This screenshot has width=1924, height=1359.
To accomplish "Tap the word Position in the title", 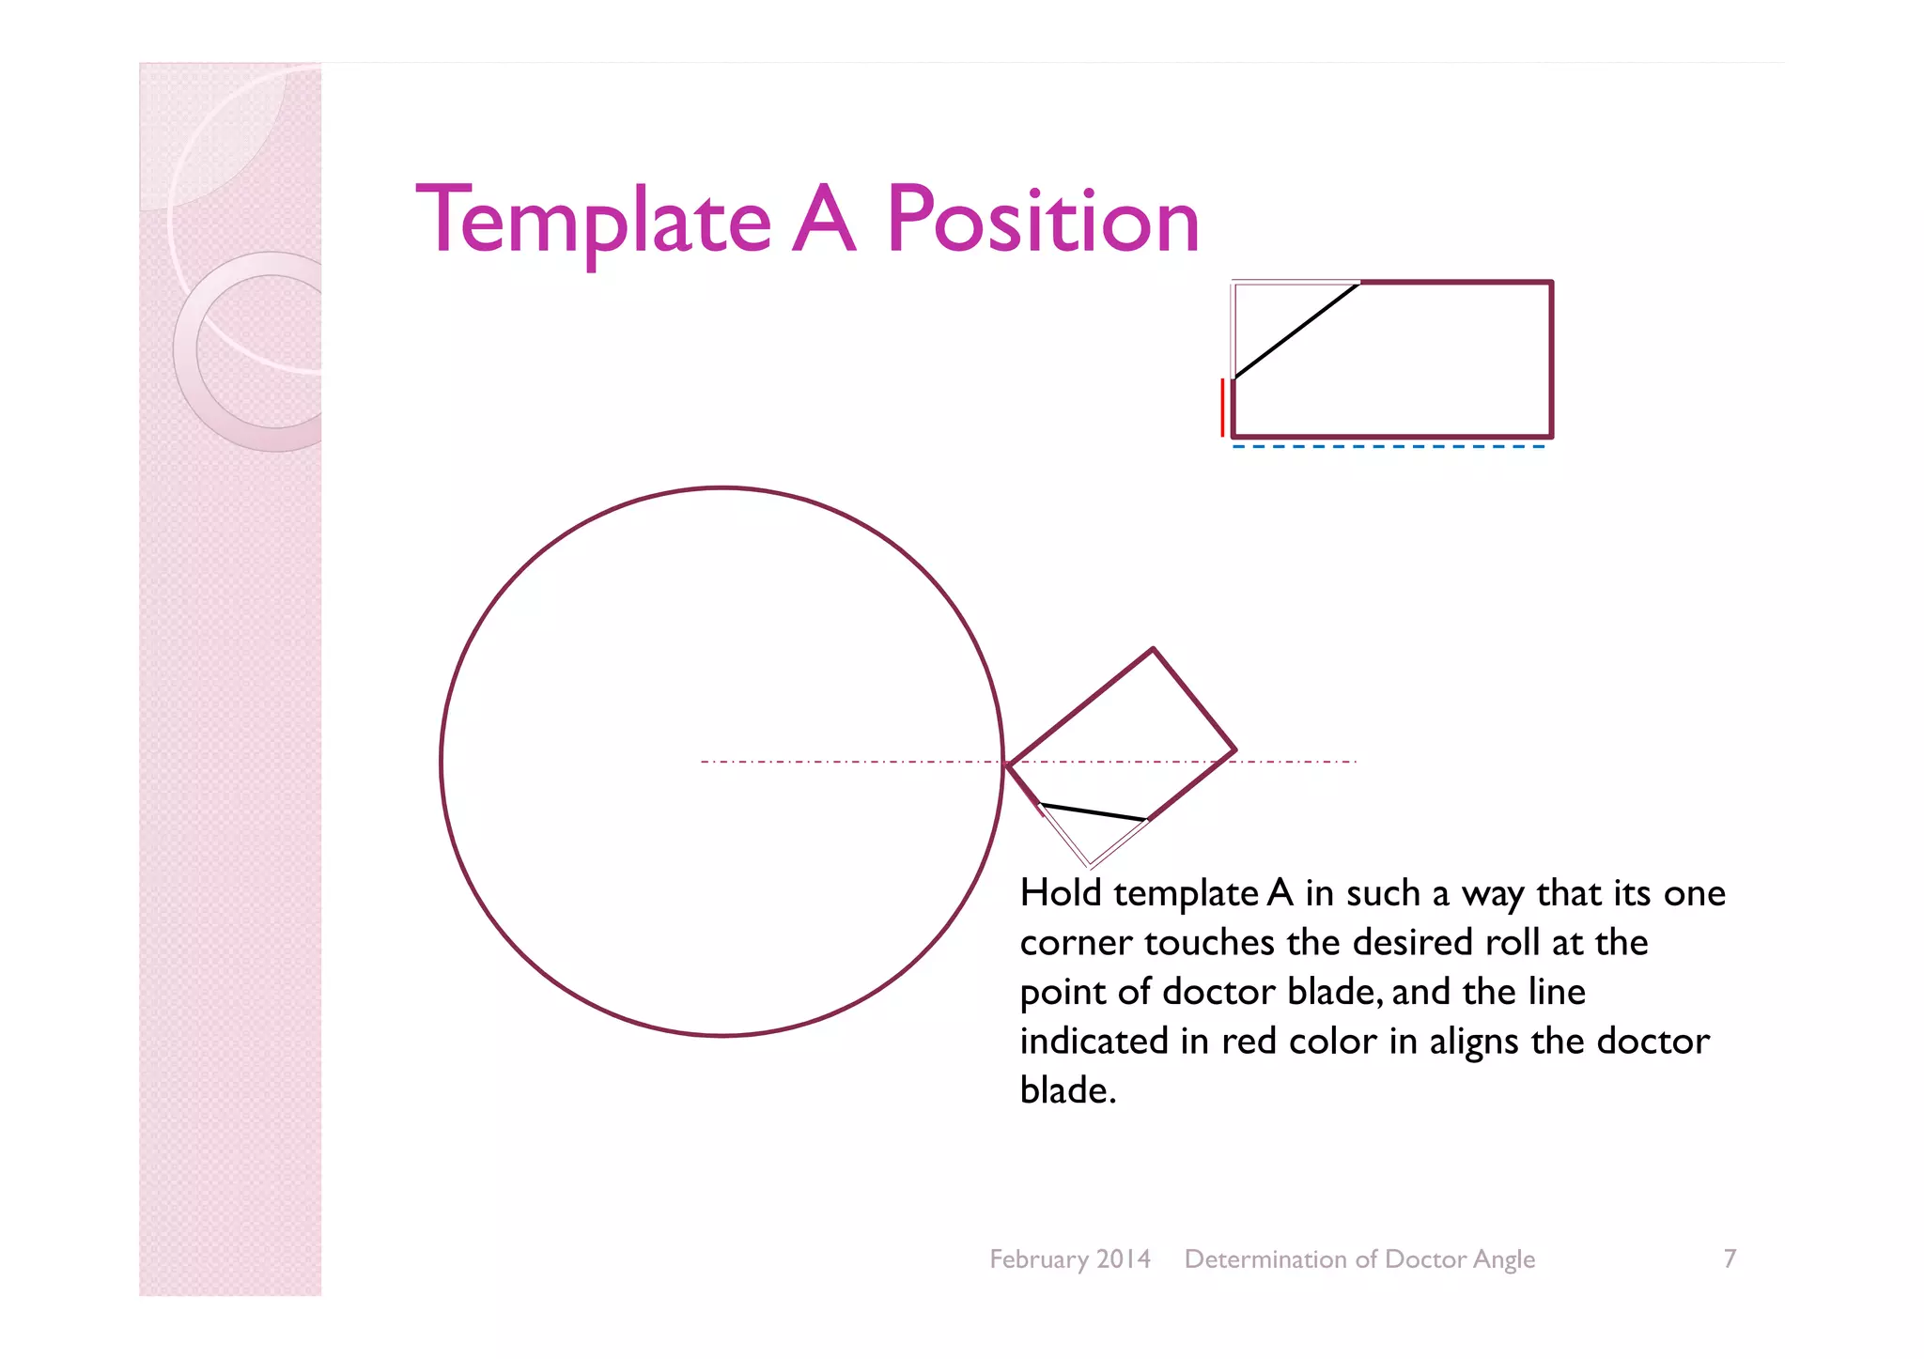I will pyautogui.click(x=1043, y=222).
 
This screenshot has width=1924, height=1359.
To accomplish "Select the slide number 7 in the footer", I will pyautogui.click(x=1730, y=1259).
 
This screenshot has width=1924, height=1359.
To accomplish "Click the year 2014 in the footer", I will pyautogui.click(x=1124, y=1259).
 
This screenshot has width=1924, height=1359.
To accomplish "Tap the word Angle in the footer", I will pyautogui.click(x=1504, y=1259).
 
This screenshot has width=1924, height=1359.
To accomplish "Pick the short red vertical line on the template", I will pyautogui.click(x=1222, y=408).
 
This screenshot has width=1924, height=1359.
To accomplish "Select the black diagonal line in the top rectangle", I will pyautogui.click(x=1296, y=330).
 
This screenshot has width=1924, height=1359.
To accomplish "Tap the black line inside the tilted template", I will pyautogui.click(x=1094, y=812).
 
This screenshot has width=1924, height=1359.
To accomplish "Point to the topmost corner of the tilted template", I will pyautogui.click(x=1153, y=649).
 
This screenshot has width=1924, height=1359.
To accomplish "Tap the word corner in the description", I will pyautogui.click(x=1077, y=943).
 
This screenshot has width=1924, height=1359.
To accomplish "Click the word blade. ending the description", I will pyautogui.click(x=1068, y=1090).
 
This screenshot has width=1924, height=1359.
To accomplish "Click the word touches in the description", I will pyautogui.click(x=1209, y=942).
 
